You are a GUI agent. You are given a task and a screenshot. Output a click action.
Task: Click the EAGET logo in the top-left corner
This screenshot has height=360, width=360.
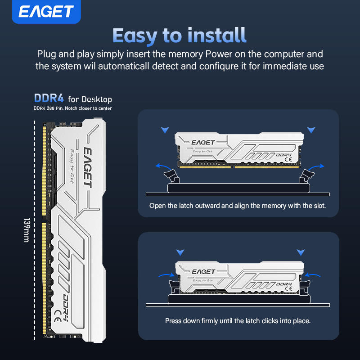(46, 12)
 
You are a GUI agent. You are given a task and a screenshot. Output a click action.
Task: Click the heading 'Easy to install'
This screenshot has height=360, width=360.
(180, 35)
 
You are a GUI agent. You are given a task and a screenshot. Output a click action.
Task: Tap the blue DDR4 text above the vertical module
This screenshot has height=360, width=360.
(49, 99)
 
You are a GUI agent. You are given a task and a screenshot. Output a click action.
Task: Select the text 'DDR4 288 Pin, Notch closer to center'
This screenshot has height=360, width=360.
(73, 108)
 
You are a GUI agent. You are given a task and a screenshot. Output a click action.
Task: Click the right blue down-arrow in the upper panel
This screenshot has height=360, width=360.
(311, 130)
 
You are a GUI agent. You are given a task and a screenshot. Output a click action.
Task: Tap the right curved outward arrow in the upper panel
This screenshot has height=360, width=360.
(317, 166)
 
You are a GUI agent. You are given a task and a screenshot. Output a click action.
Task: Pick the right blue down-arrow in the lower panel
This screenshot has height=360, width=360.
(299, 252)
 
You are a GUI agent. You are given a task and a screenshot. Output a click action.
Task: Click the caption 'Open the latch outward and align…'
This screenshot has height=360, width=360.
(237, 206)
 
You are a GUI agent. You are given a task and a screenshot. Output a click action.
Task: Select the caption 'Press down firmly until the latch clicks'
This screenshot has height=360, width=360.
(238, 321)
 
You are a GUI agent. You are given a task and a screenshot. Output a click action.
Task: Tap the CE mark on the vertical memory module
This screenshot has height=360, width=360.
(58, 312)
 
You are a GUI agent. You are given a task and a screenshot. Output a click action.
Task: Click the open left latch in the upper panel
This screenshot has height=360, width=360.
(171, 174)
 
